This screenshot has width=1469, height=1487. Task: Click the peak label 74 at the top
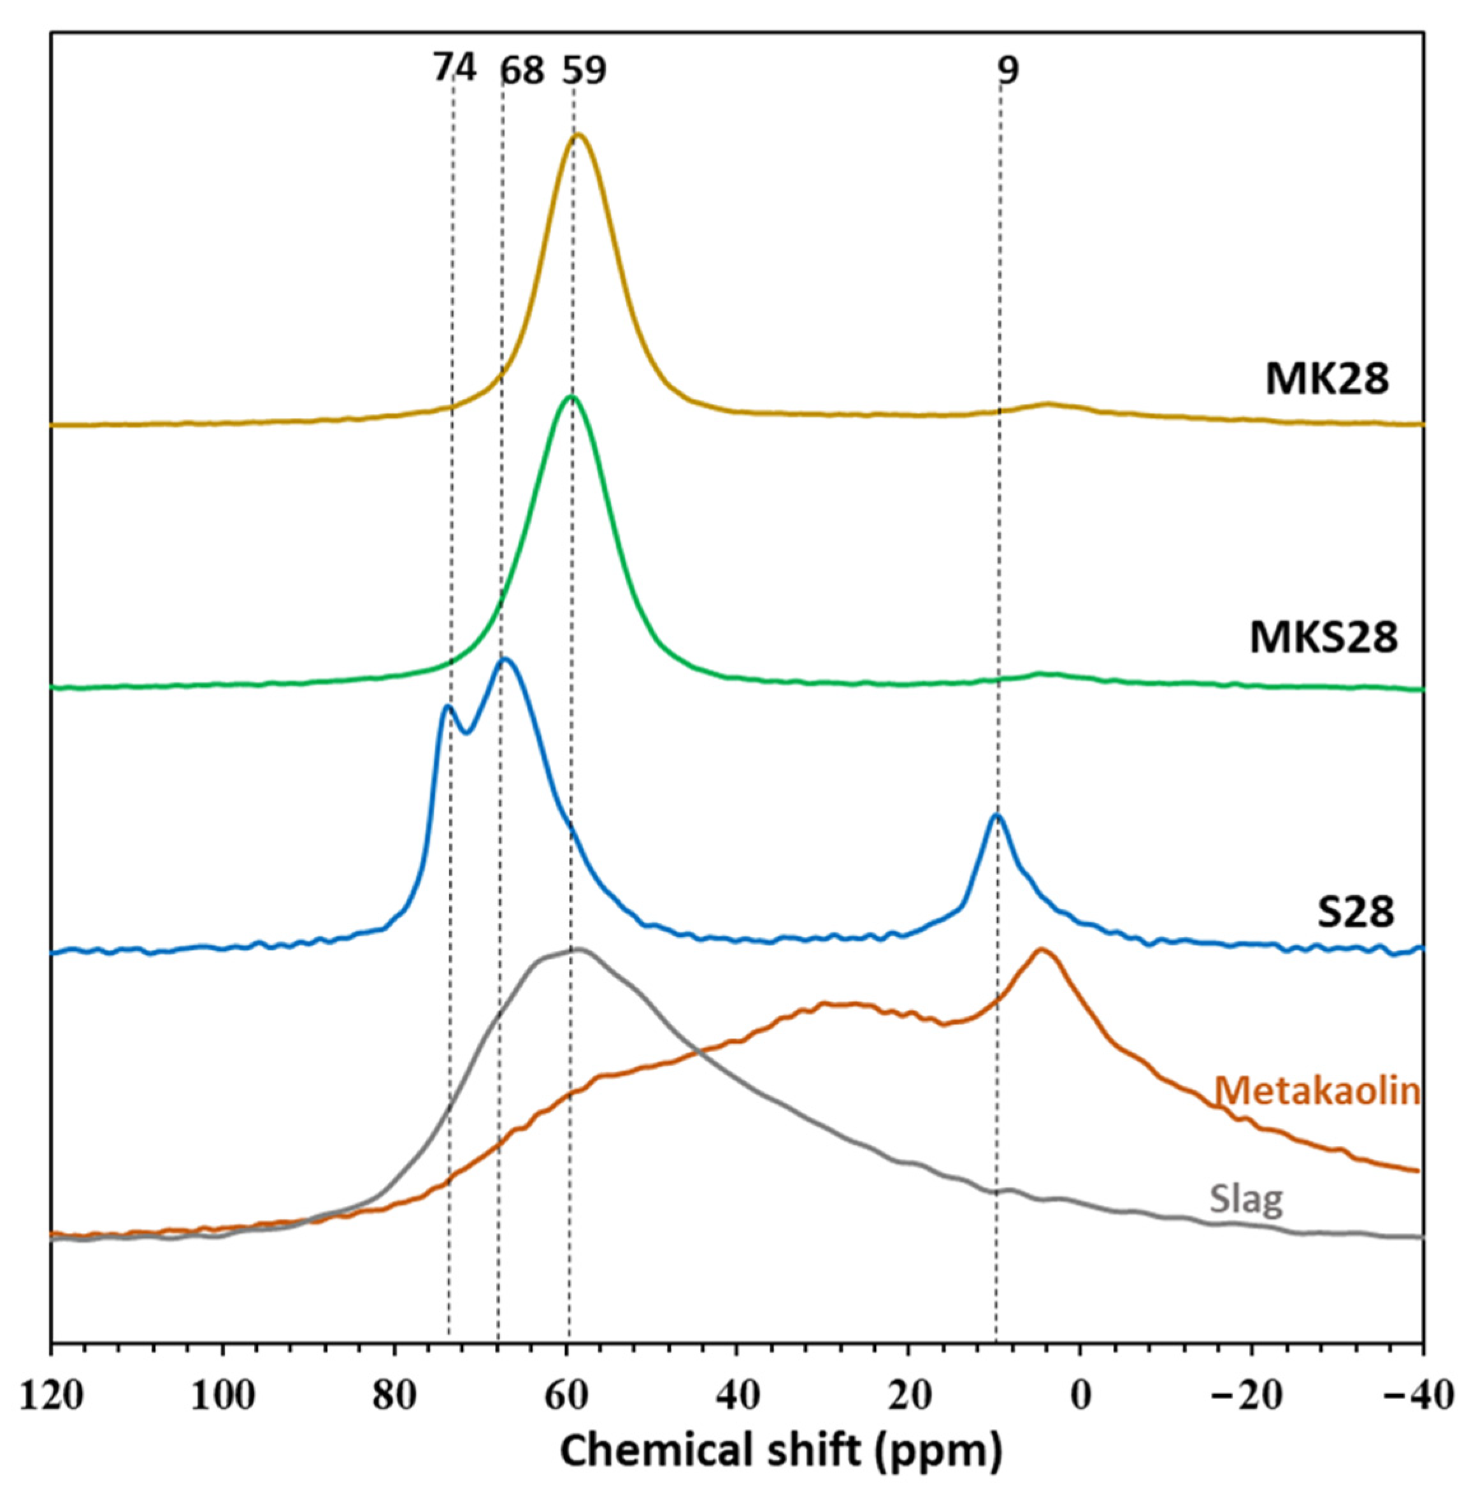pos(454,70)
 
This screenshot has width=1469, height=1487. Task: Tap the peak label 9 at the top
pos(1008,71)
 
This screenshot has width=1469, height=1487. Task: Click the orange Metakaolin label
pos(1317,1092)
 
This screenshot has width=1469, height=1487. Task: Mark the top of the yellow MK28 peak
pos(577,136)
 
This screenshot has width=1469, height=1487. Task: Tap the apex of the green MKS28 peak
pos(570,396)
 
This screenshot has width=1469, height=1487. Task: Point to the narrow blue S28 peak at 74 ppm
pos(447,707)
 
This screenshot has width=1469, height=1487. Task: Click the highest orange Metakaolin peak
pos(1041,950)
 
